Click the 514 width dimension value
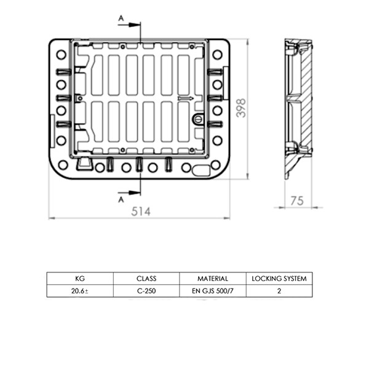click(141, 212)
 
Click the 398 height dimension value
click(241, 108)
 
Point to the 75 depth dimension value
click(297, 201)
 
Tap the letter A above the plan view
click(121, 18)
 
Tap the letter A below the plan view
click(121, 199)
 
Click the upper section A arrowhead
click(135, 25)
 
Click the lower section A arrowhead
click(135, 192)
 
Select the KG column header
click(80, 279)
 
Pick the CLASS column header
click(146, 279)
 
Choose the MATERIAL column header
click(213, 279)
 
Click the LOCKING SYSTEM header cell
click(279, 279)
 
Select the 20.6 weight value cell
click(80, 291)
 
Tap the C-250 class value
click(146, 291)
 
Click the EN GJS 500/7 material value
click(213, 291)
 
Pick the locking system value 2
click(279, 291)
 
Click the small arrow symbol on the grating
click(186, 98)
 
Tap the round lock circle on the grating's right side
click(198, 119)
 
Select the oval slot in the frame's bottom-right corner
click(201, 170)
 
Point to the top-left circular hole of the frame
click(61, 55)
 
